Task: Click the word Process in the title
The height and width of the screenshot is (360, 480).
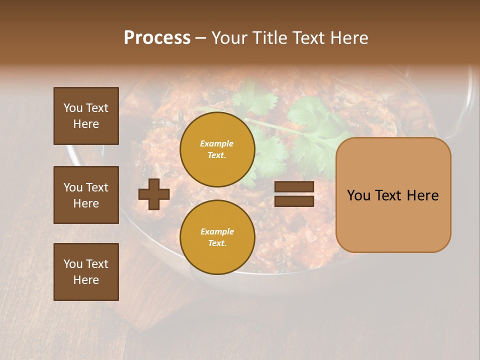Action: [157, 38]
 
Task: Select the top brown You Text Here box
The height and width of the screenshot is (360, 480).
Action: [86, 116]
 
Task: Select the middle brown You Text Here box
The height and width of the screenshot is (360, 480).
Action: [86, 195]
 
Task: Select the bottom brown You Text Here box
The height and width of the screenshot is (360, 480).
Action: [86, 271]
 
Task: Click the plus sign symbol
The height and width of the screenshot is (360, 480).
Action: [154, 194]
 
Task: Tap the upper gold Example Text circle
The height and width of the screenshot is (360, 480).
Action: [217, 149]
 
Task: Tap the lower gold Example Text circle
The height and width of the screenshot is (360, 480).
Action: [217, 237]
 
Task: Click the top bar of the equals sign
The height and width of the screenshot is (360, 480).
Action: [294, 187]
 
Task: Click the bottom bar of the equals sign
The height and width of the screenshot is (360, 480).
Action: [294, 201]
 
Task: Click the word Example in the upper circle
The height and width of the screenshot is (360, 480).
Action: [216, 143]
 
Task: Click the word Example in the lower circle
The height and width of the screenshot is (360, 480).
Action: [216, 231]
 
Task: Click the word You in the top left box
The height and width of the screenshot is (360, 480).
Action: [72, 108]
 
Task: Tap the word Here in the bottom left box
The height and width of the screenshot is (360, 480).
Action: [86, 280]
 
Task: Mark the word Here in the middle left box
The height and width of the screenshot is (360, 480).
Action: [86, 203]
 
